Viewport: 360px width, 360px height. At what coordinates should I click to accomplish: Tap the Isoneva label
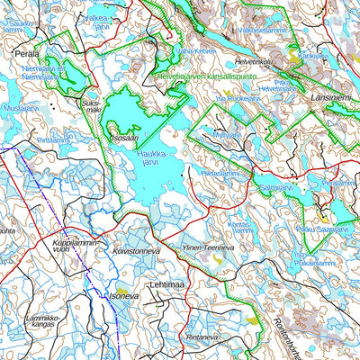(x=124, y=294)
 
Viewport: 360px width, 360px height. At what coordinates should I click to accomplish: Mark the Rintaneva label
(x=202, y=337)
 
